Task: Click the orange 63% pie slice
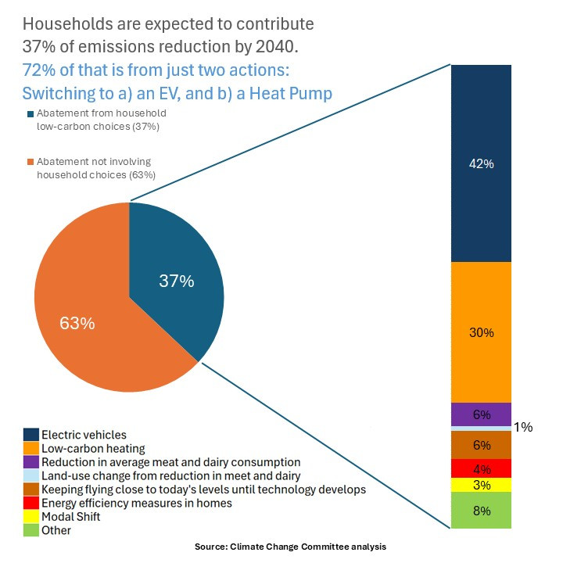pos(78,313)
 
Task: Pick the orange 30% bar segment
pos(481,332)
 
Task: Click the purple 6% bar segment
pos(481,414)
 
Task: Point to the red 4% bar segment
pos(481,468)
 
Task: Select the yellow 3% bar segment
pos(481,485)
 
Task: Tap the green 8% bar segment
pos(481,511)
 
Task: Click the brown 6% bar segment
pos(481,445)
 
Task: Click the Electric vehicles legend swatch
pos(31,435)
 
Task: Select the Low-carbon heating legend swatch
pos(31,448)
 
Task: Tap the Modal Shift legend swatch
pos(31,517)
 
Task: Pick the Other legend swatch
pos(31,530)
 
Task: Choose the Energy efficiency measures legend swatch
pos(31,503)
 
